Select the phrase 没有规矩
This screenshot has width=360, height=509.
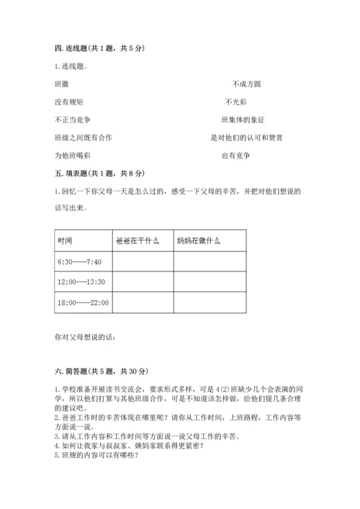[68, 102]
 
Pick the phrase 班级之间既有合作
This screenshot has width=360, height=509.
[83, 138]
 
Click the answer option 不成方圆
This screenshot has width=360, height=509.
[247, 84]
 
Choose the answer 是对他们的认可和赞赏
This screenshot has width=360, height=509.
[246, 138]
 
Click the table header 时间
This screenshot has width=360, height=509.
[64, 240]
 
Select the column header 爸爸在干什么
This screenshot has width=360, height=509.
[137, 240]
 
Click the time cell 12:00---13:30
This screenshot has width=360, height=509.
[81, 282]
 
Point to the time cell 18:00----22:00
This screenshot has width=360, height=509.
[82, 303]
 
